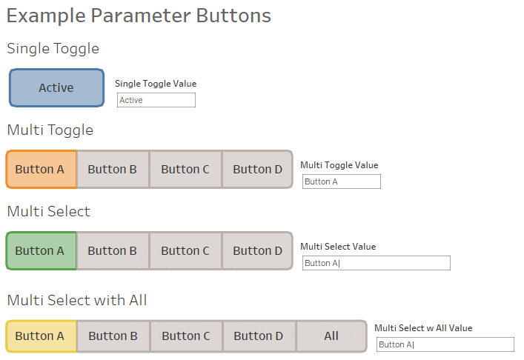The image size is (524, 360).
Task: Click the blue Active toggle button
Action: point(56,88)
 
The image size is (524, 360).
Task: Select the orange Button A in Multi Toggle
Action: point(41,170)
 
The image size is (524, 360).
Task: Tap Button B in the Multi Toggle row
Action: point(113,170)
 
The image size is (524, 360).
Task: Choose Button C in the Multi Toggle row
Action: point(185,170)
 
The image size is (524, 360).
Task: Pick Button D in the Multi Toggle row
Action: point(258,170)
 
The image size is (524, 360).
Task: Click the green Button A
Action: point(41,251)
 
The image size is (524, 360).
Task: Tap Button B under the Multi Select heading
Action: point(113,251)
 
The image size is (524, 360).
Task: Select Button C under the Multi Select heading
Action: point(185,251)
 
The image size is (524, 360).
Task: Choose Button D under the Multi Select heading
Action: point(258,251)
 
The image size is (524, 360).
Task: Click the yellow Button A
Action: point(41,336)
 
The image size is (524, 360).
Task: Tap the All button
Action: point(331,336)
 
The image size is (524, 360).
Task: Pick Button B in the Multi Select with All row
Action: point(113,336)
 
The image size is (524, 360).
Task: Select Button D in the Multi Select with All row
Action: point(259,336)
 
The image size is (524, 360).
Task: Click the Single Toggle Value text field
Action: point(156,100)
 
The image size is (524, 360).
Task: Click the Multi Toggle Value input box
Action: point(342,181)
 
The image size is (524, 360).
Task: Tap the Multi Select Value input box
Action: point(377,263)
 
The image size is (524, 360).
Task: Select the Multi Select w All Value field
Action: point(445,344)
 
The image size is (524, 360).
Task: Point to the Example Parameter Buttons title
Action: point(139,16)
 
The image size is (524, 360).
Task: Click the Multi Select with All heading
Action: point(77,300)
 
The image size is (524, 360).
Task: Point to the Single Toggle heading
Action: point(53,49)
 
